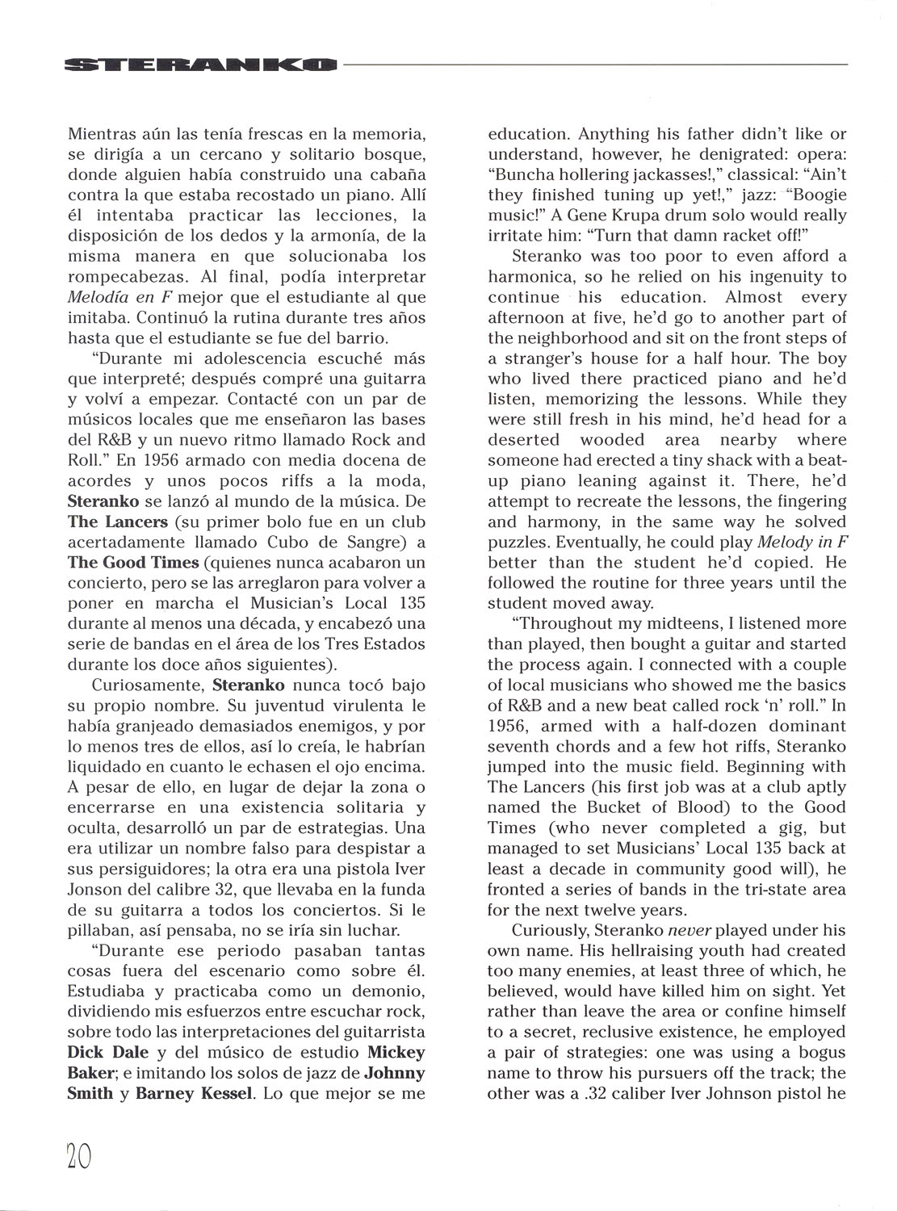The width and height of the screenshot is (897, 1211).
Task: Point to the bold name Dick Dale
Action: pos(103,1053)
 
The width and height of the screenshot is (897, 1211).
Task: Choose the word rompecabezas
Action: pos(125,277)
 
